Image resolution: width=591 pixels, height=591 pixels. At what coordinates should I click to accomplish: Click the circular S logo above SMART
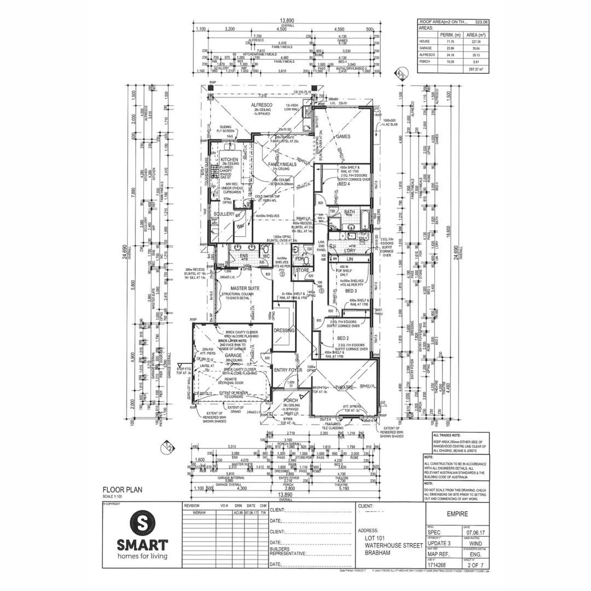point(142,522)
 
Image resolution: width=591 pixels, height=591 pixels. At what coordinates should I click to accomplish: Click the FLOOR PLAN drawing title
point(123,490)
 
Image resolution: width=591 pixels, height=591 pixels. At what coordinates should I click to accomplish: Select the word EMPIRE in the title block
point(457,514)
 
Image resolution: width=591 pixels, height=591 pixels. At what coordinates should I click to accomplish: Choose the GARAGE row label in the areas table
point(425,48)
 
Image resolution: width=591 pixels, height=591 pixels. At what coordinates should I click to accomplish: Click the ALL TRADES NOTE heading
point(447,435)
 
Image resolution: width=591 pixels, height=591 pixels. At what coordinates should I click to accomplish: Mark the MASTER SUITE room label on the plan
point(244,288)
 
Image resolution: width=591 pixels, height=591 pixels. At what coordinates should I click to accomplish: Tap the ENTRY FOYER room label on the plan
point(288,370)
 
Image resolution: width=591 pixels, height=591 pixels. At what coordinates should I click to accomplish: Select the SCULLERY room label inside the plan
point(223,213)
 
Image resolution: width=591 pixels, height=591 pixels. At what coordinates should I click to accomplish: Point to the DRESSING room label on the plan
point(284,330)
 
